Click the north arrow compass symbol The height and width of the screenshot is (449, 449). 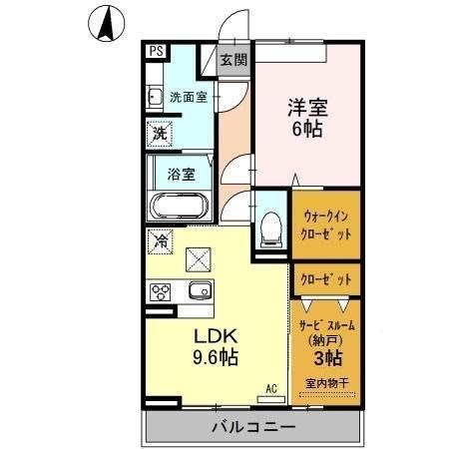coord(106,23)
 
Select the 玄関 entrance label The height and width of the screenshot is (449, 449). coord(232,60)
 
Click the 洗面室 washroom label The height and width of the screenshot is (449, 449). coord(188,98)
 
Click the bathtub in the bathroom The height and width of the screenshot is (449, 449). coord(179,208)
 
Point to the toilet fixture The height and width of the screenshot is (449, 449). coord(269,229)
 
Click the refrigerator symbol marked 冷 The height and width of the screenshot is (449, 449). coord(160,241)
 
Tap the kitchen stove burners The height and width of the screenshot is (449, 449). coord(160,292)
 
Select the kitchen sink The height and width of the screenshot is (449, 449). coord(197,292)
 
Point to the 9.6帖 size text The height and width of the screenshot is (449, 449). coord(216,356)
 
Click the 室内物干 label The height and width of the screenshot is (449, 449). coord(326,384)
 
